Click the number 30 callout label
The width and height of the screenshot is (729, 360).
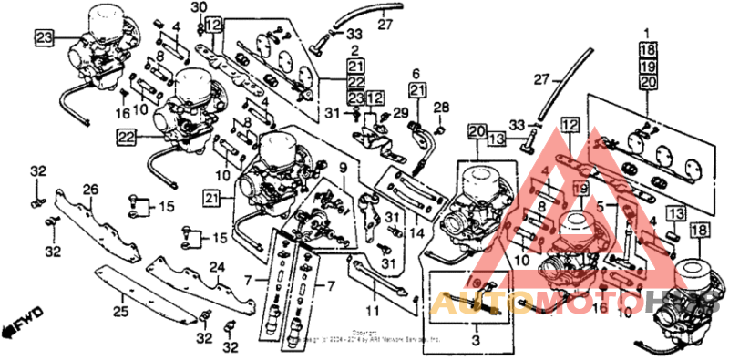click(x=200, y=7)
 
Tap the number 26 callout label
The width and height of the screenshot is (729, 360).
click(x=90, y=189)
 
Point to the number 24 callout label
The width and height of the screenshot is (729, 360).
click(x=217, y=267)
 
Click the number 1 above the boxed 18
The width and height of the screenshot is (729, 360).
click(x=647, y=33)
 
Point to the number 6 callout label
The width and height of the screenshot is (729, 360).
click(x=416, y=73)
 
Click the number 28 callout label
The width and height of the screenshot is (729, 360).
click(x=441, y=108)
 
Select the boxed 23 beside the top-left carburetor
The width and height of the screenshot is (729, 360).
click(x=45, y=36)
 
